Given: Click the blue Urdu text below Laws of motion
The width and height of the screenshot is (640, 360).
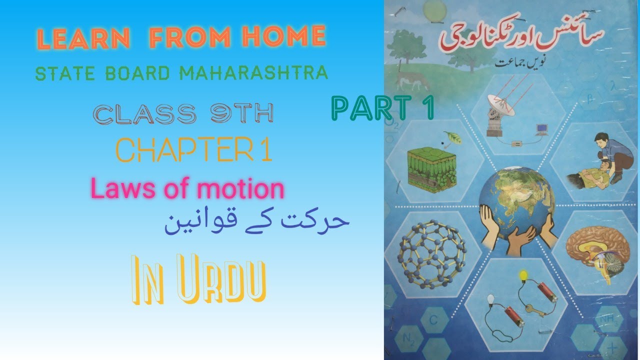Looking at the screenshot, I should click(x=256, y=221).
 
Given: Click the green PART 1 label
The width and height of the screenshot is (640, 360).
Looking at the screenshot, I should click(x=382, y=109).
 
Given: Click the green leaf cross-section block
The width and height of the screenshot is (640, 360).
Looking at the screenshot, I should click(x=432, y=167).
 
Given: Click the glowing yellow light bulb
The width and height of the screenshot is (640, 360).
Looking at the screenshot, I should click(x=523, y=275).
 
